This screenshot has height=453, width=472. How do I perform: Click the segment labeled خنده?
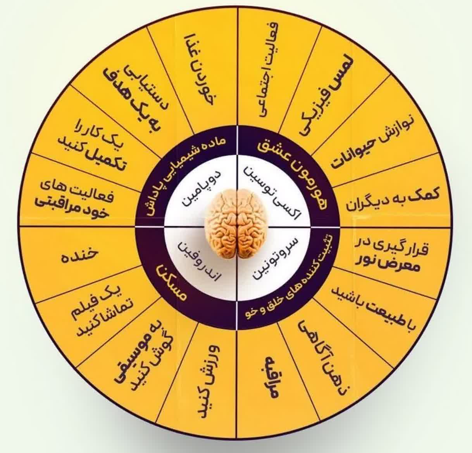click(78, 256)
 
